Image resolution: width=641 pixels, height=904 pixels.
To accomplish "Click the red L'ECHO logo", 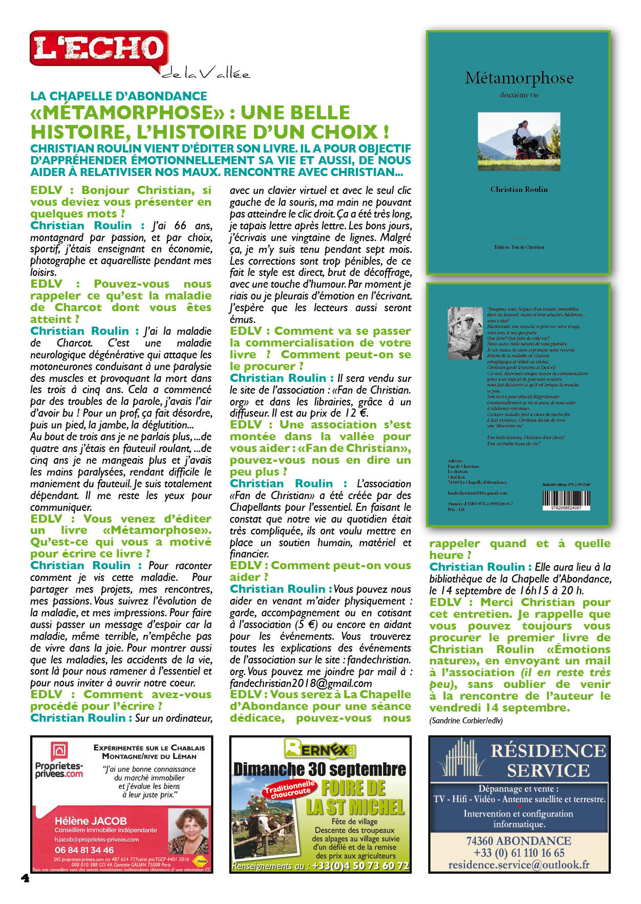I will coord(99,49).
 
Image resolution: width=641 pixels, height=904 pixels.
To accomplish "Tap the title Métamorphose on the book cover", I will coord(519,78).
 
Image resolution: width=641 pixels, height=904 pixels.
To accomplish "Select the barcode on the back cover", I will coord(566,499).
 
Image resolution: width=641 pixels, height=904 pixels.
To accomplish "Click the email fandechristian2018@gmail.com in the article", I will coord(301,683).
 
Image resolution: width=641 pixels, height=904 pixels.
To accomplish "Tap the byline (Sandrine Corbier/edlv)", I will coord(466,720).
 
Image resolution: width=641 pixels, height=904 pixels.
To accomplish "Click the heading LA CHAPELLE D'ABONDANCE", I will coord(119,96).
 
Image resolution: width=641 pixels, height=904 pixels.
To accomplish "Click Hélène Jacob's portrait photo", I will coord(188,832).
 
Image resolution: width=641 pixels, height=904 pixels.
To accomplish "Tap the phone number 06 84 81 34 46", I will coord(84,850).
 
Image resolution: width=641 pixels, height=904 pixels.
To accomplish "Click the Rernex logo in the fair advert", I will coord(320,749).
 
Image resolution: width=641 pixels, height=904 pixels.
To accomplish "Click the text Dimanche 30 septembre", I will coord(320,769).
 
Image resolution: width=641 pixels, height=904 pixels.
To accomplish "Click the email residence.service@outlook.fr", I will coord(519,865).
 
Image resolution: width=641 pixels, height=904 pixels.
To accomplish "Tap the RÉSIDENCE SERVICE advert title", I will coord(548,760).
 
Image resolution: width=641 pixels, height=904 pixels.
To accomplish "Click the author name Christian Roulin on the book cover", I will coord(519,189).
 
